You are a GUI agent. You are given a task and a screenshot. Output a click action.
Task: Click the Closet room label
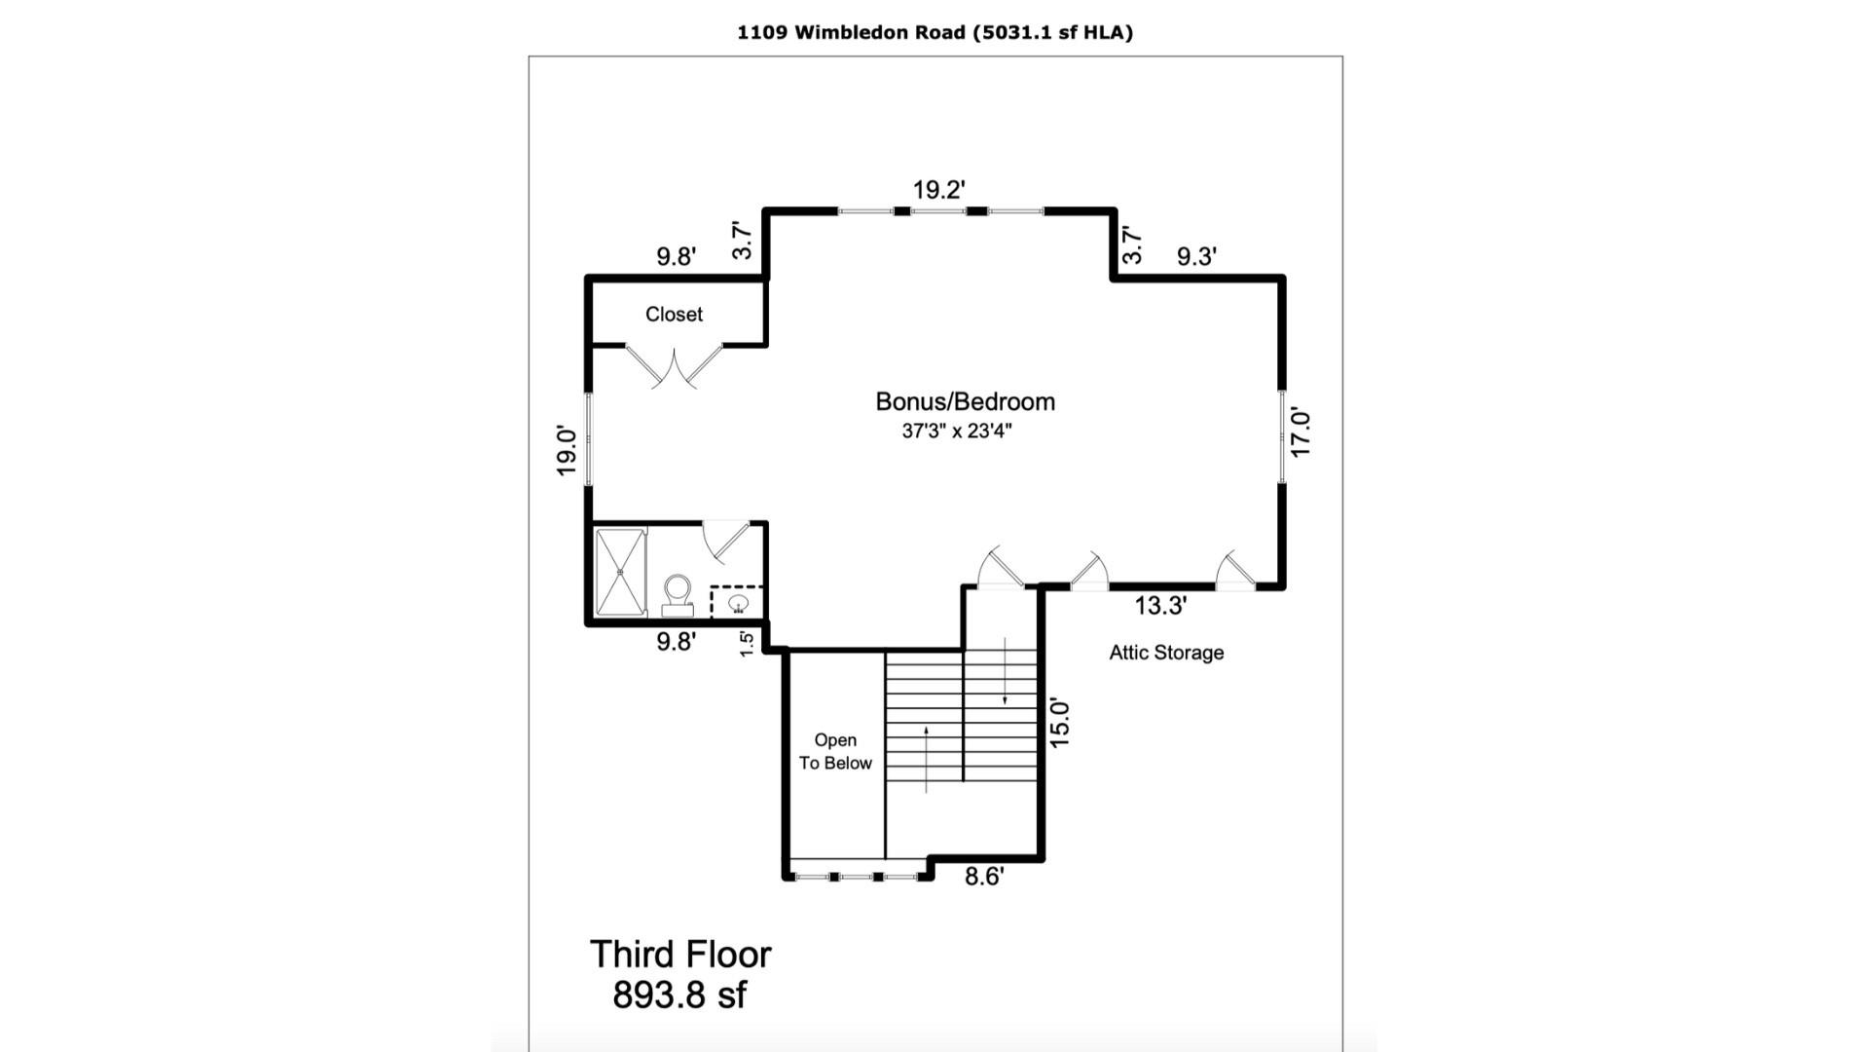tap(674, 315)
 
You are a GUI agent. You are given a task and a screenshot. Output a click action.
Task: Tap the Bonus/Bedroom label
tap(965, 401)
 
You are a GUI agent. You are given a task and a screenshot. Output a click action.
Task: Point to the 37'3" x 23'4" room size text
tap(957, 431)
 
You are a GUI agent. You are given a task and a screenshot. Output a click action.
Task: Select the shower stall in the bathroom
tap(620, 572)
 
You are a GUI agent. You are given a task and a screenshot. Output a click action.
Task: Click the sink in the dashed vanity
tap(739, 603)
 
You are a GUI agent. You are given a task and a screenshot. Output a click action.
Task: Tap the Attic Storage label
tap(1166, 653)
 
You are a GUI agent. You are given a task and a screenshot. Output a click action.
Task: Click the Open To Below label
tap(835, 752)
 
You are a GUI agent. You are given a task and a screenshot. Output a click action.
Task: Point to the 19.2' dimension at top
tap(938, 190)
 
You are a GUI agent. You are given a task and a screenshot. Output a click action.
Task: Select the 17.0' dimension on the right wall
tap(1301, 433)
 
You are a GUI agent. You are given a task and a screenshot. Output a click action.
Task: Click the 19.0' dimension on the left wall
tap(567, 451)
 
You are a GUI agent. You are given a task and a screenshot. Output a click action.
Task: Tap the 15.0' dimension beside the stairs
tap(1060, 724)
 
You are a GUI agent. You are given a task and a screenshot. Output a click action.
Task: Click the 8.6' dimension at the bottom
tap(984, 877)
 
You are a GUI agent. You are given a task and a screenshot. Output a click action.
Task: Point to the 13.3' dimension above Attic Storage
tap(1160, 606)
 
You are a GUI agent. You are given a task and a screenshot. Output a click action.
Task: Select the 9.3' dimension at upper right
tap(1196, 256)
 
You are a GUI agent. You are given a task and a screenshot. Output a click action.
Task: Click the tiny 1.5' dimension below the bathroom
tap(747, 644)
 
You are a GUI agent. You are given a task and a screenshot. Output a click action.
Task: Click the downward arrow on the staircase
tap(1005, 673)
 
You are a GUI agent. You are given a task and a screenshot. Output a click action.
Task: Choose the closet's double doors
tap(674, 366)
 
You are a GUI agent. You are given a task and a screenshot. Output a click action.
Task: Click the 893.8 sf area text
tap(679, 996)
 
